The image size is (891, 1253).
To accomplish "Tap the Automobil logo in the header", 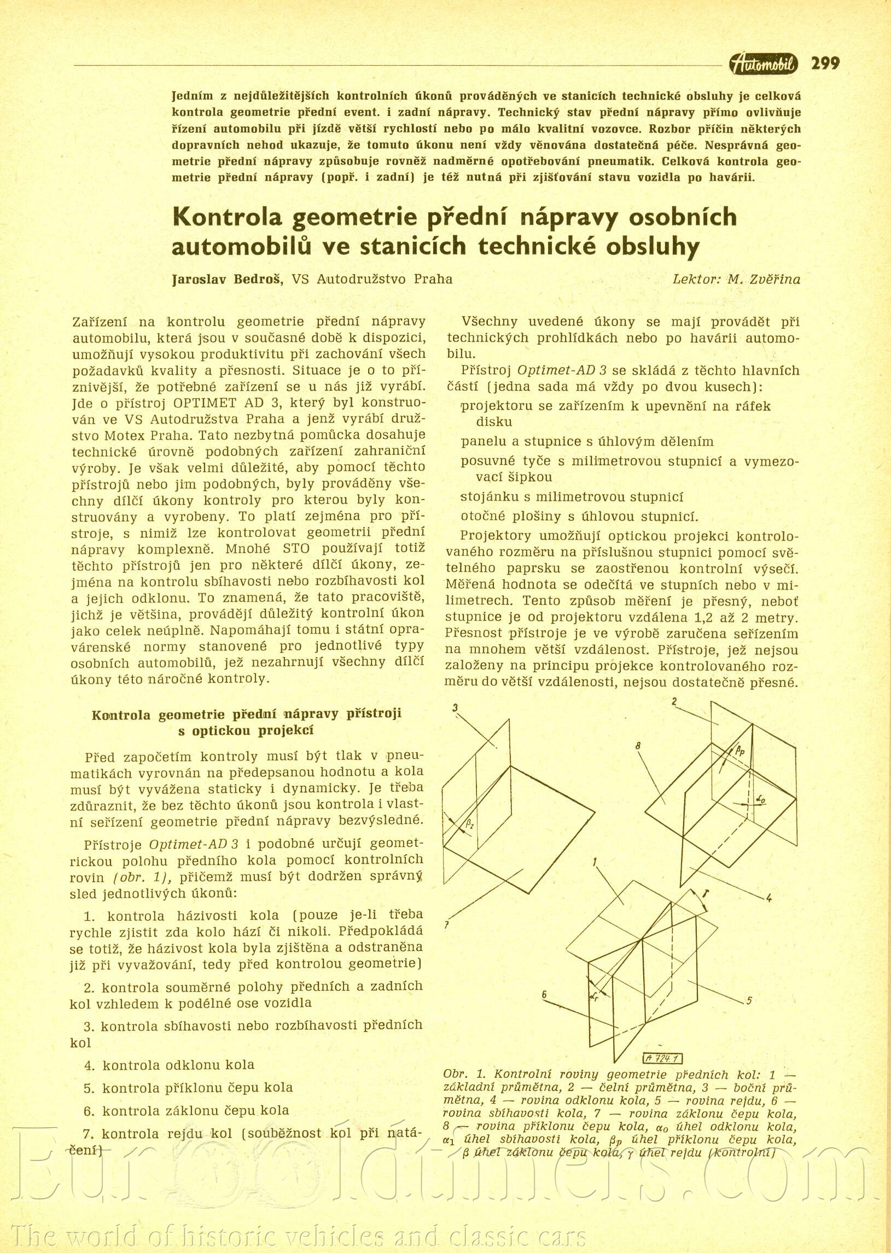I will [763, 65].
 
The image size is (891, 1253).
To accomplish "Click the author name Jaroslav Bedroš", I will [227, 280].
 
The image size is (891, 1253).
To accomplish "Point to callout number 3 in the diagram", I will [456, 708].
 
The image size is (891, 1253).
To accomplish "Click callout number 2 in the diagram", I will [674, 702].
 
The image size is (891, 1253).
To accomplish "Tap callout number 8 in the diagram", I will [638, 746].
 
